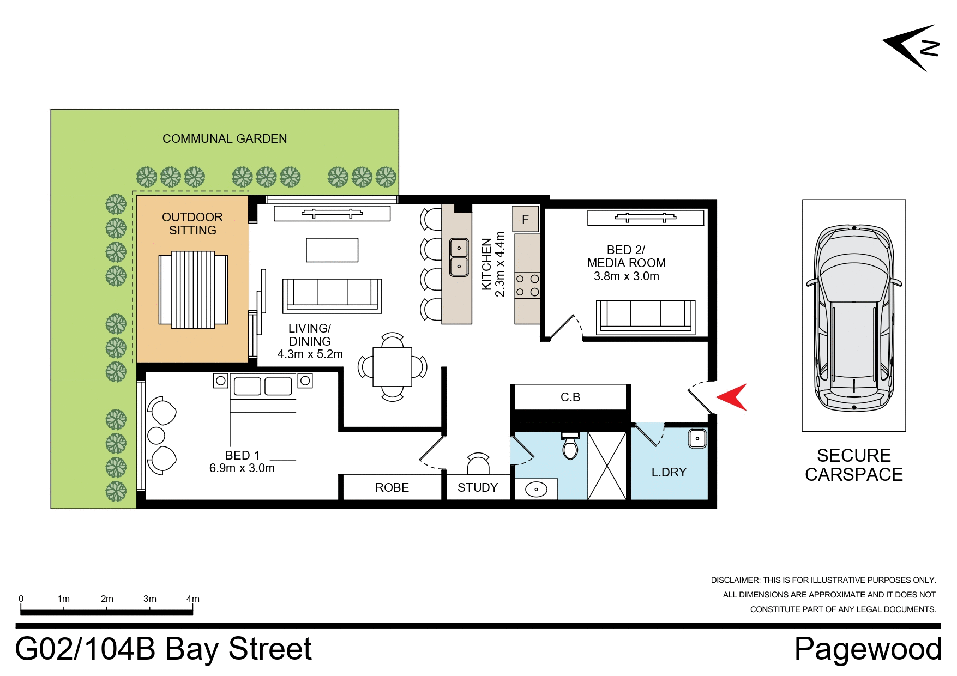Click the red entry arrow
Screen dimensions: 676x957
point(733,397)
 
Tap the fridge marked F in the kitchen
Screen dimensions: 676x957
point(525,219)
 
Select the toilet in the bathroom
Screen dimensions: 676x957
point(570,447)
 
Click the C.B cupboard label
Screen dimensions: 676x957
point(570,397)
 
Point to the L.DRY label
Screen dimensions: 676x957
point(669,472)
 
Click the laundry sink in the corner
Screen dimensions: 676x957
point(697,438)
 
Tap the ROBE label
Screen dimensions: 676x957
point(392,487)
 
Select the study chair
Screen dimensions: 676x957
point(478,463)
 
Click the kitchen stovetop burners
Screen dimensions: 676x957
point(527,286)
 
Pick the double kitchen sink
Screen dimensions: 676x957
point(459,257)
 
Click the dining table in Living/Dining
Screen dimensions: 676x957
point(392,367)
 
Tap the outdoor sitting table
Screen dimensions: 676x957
point(193,289)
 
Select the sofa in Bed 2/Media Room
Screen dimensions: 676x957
point(645,316)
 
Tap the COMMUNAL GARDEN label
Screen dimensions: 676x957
point(224,138)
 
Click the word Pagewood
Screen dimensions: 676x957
point(867,649)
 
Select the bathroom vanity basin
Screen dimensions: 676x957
point(536,489)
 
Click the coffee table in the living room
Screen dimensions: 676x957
point(332,250)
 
